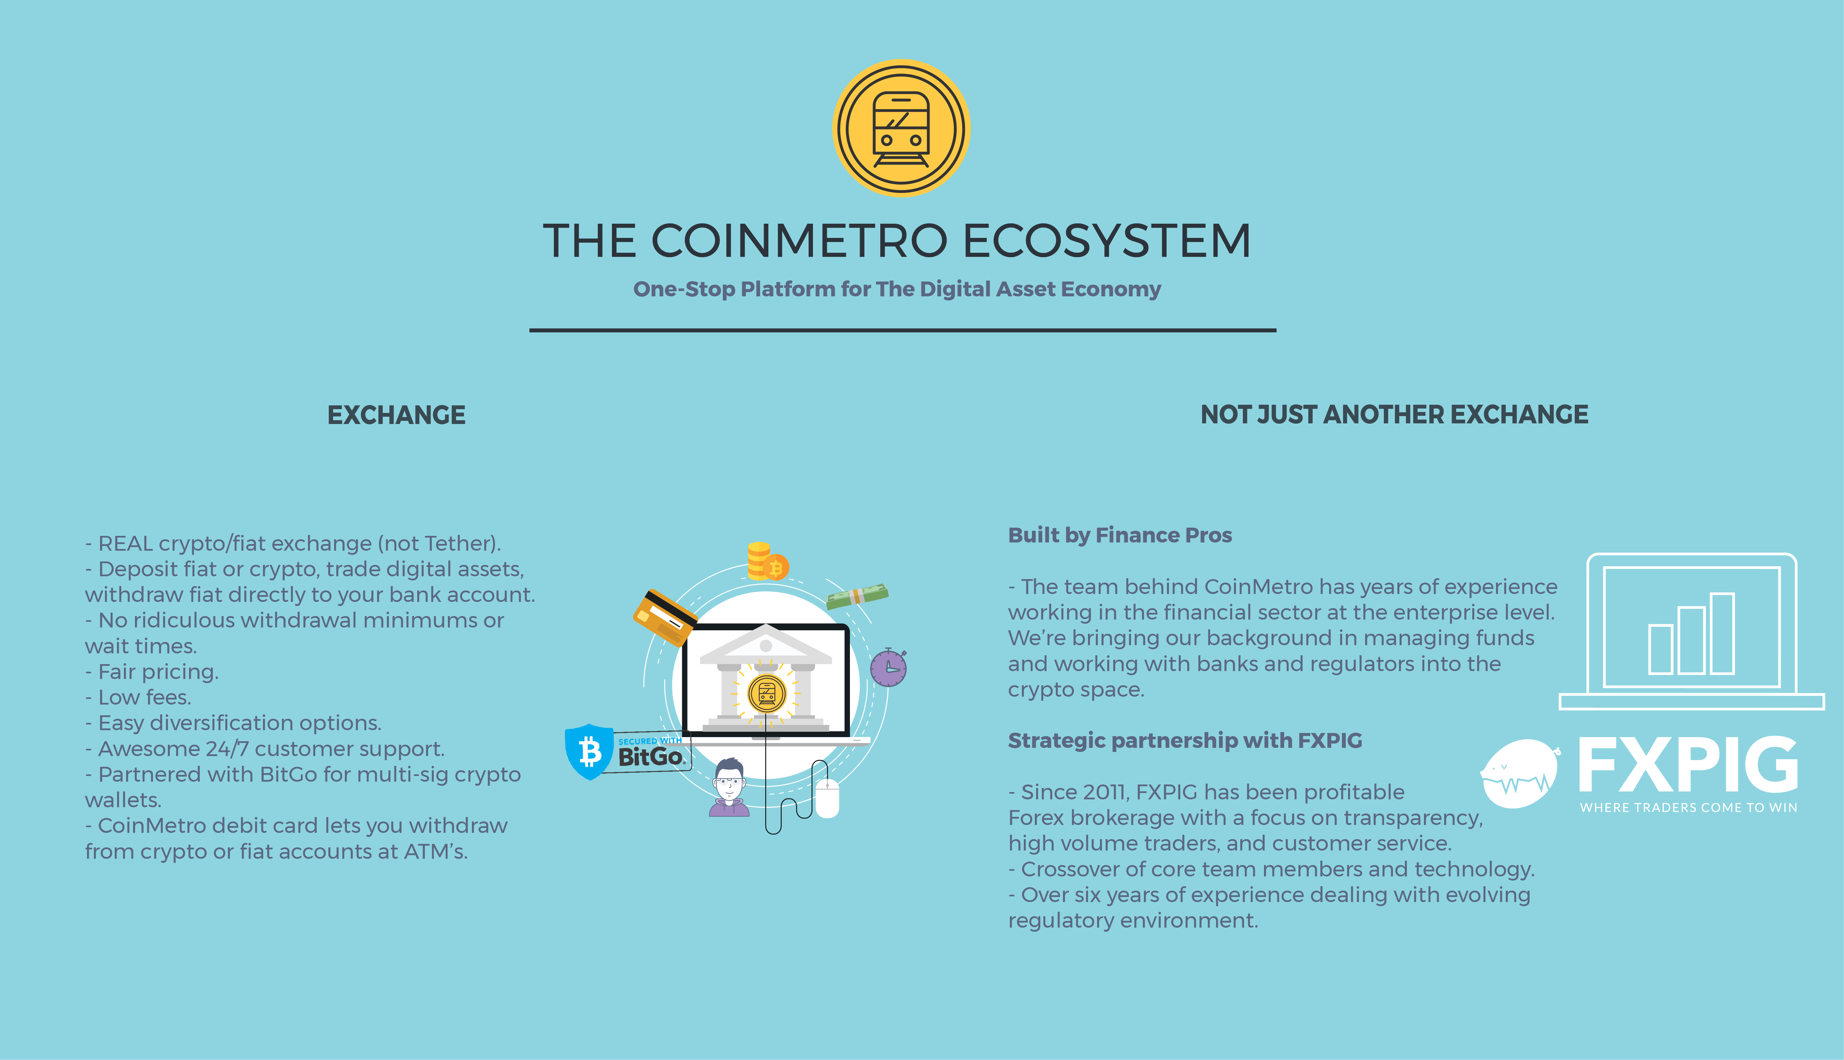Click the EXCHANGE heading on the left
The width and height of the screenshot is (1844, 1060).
click(x=396, y=415)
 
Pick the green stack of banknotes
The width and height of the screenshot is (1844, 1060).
click(x=857, y=596)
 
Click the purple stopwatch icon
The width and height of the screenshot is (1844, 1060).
click(x=888, y=667)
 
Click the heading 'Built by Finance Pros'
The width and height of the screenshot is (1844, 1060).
click(x=1119, y=535)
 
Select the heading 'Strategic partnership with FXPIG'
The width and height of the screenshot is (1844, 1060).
click(x=1185, y=740)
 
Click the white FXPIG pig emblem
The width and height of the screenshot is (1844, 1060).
click(x=1520, y=774)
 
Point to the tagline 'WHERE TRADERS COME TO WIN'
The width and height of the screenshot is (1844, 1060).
click(x=1688, y=807)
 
